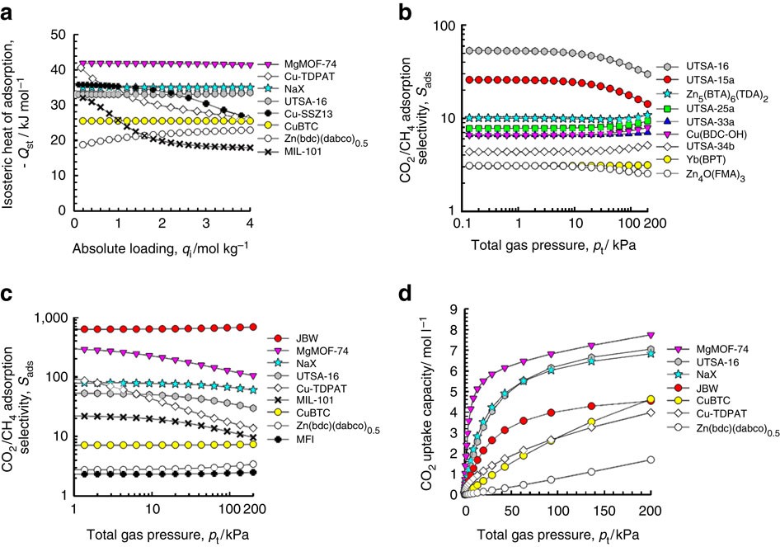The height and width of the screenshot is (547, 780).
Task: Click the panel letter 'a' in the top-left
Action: point(10,11)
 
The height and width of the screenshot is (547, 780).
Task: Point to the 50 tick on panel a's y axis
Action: point(58,35)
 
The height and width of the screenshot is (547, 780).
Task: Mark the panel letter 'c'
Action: point(9,295)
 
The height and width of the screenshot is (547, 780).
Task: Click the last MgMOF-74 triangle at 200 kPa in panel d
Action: point(650,336)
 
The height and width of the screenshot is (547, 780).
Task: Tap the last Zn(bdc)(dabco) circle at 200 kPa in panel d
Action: point(650,460)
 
